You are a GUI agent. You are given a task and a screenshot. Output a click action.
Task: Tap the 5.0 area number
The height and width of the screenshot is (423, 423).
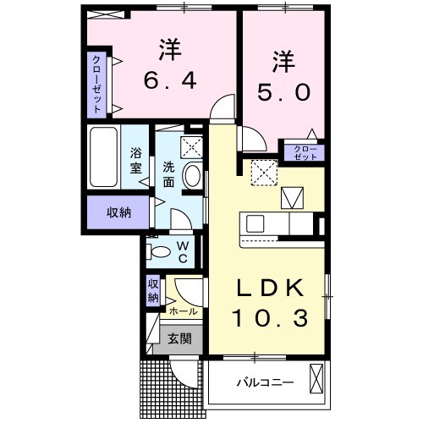(x=283, y=91)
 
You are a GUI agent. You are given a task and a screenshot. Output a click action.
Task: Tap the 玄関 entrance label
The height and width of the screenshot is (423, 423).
(x=178, y=340)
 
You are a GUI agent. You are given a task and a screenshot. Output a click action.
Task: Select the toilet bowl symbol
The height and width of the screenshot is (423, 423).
(x=158, y=250)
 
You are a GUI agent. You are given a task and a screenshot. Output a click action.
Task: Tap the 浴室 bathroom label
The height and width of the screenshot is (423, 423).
(x=136, y=160)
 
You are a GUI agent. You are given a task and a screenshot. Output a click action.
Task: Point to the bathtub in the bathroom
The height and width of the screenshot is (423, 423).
(x=104, y=158)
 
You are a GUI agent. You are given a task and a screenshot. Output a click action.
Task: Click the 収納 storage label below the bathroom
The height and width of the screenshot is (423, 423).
(x=118, y=212)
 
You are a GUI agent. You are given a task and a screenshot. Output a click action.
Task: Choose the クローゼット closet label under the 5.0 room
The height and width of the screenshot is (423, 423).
(x=305, y=153)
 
